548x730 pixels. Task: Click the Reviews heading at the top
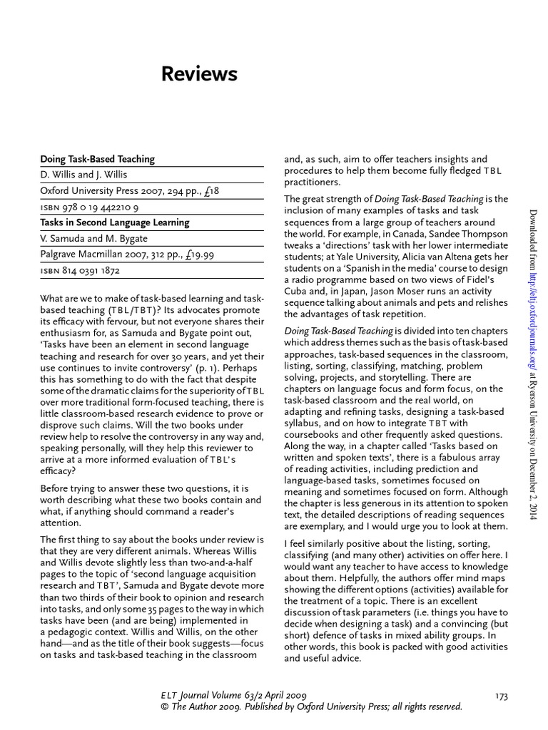click(199, 74)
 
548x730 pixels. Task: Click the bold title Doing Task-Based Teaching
click(97, 159)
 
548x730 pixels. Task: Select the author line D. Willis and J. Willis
click(83, 175)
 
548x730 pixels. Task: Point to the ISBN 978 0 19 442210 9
click(89, 207)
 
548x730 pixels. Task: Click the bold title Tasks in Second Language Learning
click(114, 222)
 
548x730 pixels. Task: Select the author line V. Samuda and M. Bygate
click(89, 238)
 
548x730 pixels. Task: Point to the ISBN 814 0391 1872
click(80, 271)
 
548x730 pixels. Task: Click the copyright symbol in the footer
click(166, 707)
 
